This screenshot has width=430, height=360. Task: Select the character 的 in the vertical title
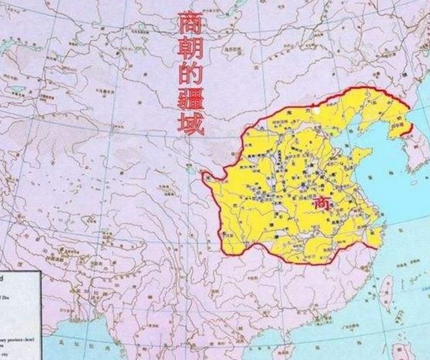[x=189, y=76]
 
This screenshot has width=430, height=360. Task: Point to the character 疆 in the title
[x=191, y=101]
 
